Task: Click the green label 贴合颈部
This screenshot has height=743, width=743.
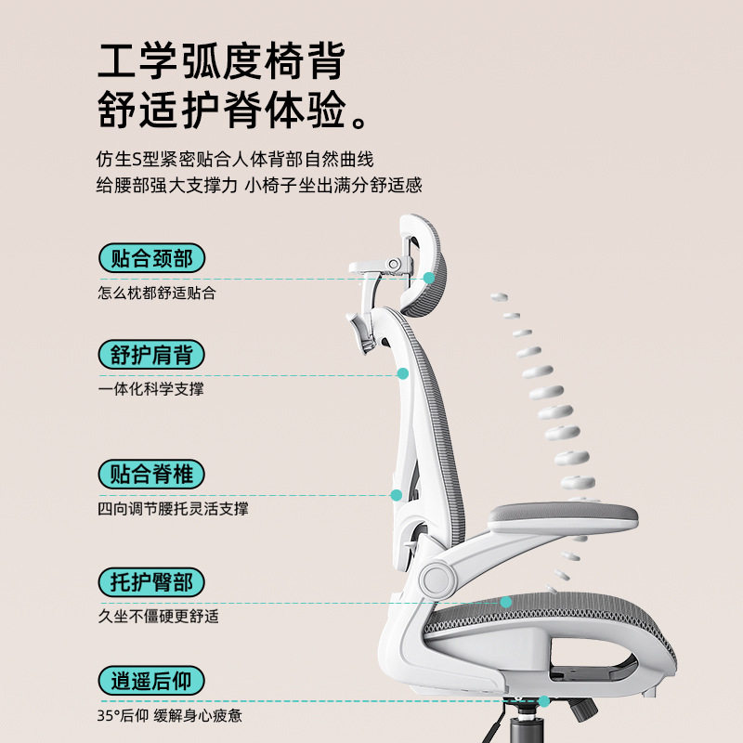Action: click(151, 258)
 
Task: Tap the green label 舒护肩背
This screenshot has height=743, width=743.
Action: click(151, 356)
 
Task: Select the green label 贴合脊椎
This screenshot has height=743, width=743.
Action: click(151, 475)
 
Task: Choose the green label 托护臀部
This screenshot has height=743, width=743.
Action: click(151, 582)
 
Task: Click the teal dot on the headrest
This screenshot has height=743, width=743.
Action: click(429, 278)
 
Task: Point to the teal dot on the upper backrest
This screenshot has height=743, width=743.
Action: click(403, 373)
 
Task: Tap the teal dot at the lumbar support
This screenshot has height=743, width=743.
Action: click(396, 496)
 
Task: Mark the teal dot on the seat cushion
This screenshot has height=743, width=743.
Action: click(506, 602)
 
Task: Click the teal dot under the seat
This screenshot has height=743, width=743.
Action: click(544, 702)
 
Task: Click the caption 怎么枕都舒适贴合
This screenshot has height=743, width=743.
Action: click(157, 293)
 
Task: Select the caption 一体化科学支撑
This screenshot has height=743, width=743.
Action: click(150, 389)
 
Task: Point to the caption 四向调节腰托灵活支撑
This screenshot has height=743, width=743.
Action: click(173, 509)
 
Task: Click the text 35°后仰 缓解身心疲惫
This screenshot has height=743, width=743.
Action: click(170, 716)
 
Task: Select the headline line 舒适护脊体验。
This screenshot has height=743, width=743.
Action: click(237, 113)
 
